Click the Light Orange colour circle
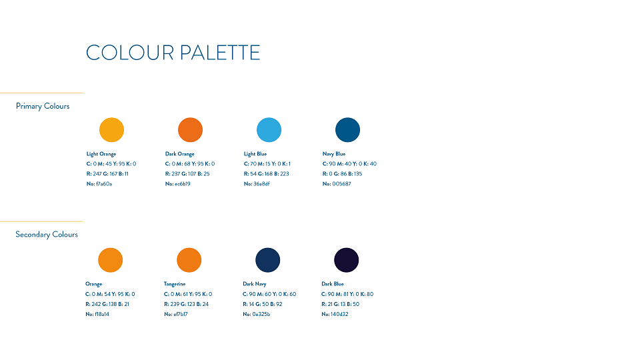point(111,130)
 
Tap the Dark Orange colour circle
point(190,130)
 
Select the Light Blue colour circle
point(269,130)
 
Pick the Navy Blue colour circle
point(348,130)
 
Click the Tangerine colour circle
point(189,260)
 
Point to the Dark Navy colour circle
point(268,260)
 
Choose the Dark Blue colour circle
point(347,260)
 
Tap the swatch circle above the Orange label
point(110,260)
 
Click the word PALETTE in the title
point(219,53)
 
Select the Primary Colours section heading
point(43,106)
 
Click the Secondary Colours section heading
point(47,234)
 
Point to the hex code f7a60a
point(104,184)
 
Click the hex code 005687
point(341,184)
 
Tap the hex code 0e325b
point(261,314)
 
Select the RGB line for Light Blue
point(266,174)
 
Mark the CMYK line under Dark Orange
point(190,164)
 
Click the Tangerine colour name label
point(175,284)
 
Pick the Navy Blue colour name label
point(334,154)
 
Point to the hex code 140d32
point(339,314)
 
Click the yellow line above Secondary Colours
point(41,221)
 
